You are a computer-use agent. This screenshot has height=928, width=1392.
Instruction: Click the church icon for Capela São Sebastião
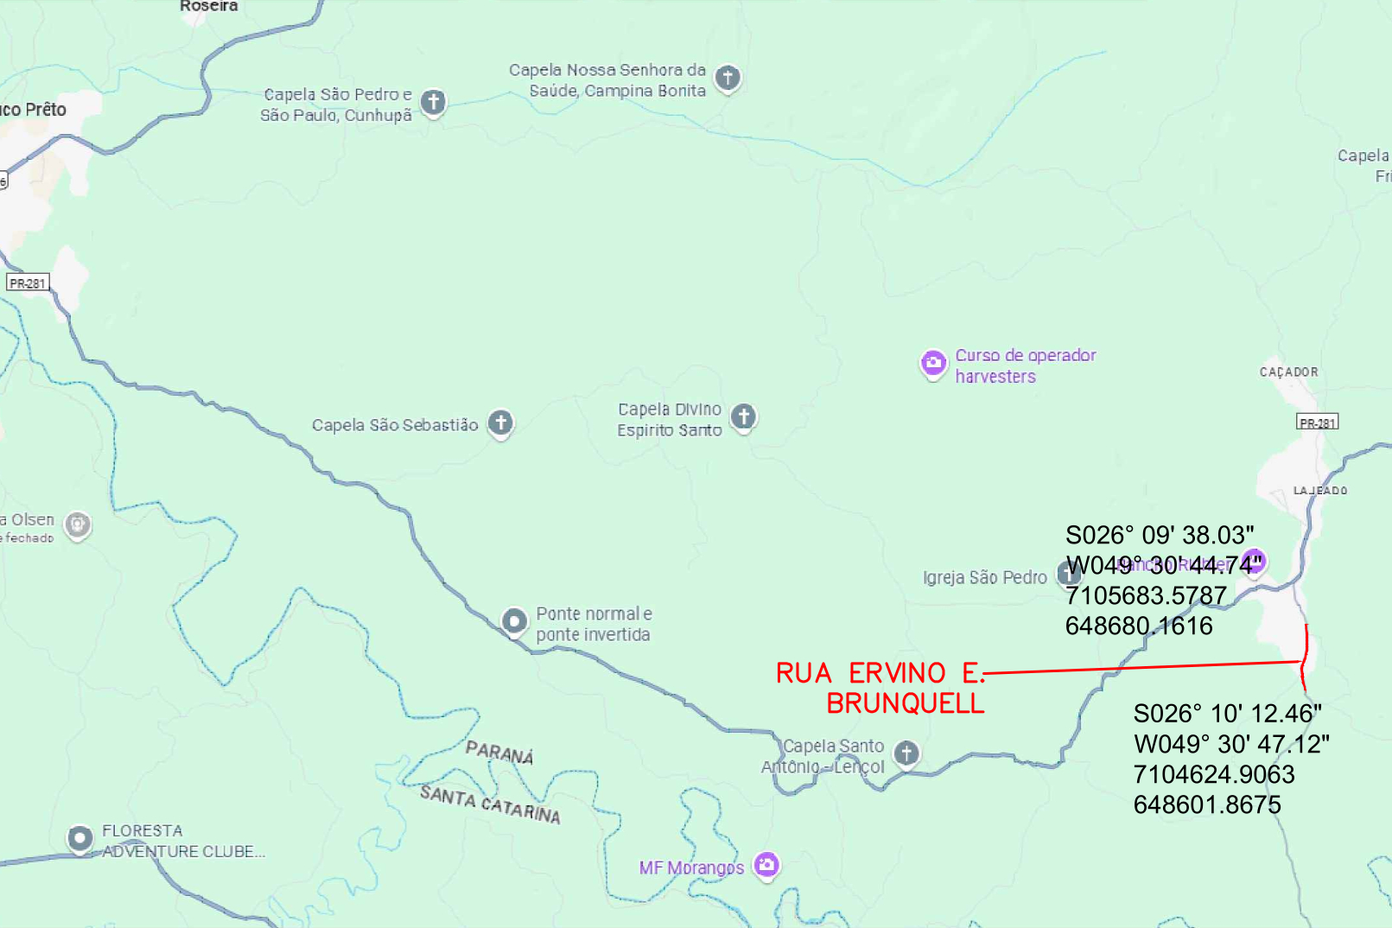pos(500,423)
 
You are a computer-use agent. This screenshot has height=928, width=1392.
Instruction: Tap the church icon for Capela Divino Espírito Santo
pos(743,417)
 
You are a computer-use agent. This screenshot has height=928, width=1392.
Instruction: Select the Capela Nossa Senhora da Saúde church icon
pos(728,78)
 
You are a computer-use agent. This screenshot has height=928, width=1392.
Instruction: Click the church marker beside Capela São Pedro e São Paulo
pos(433,103)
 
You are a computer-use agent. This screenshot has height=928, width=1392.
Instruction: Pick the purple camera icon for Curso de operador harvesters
pos(933,364)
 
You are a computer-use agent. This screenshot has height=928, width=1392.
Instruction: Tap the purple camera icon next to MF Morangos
pos(766,864)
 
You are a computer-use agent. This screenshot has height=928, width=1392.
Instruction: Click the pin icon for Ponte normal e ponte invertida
pos(514,621)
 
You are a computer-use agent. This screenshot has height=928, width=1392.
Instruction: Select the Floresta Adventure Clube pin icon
pos(80,838)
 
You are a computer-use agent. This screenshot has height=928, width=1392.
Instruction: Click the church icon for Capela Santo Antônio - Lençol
pos(906,753)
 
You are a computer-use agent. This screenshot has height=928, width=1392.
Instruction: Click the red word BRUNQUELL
pos(905,704)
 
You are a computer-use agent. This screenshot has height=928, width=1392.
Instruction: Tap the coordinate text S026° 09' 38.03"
pos(1160,536)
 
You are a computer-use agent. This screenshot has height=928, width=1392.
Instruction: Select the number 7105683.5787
pos(1146,596)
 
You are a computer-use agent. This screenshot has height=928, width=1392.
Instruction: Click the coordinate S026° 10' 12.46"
pos(1227,714)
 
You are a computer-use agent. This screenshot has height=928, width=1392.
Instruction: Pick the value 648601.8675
pos(1207,805)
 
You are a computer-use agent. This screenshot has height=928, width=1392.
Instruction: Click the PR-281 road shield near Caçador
pos(1317,423)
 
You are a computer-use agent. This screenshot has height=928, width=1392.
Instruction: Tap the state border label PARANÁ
pos(499,753)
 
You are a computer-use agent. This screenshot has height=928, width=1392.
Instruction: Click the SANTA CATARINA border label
pos(490,804)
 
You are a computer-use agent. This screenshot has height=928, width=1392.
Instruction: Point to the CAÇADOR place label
pos(1288,372)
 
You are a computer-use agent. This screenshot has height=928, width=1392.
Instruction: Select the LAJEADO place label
pos(1319,491)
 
